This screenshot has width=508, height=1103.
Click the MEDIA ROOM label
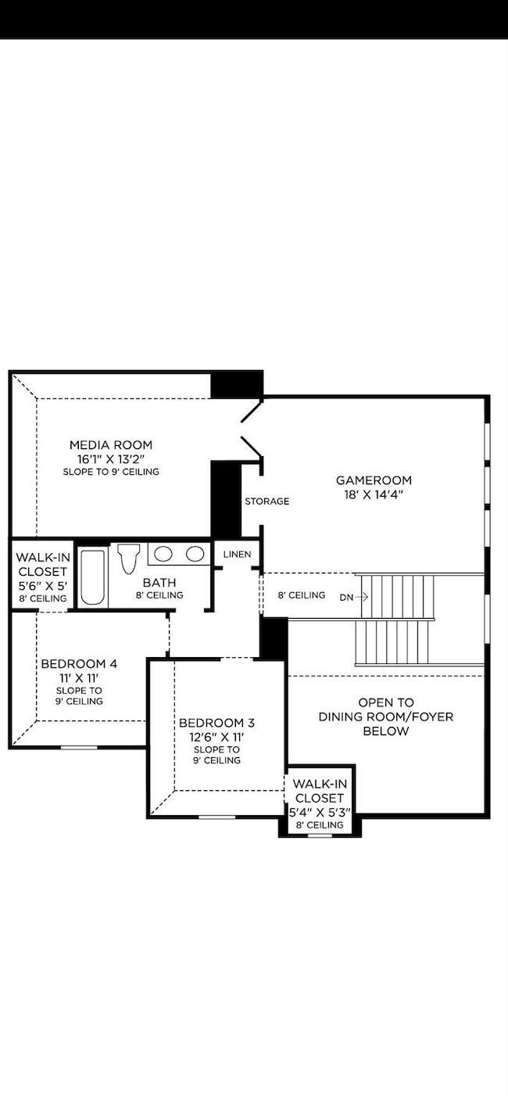tap(111, 445)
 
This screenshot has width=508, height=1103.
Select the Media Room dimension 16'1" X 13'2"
tap(111, 459)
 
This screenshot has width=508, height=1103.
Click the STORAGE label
tap(267, 501)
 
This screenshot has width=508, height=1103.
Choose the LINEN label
tap(237, 555)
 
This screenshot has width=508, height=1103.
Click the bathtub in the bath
tap(92, 577)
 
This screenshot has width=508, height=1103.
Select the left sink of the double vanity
tap(163, 555)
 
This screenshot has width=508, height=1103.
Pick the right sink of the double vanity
tap(193, 555)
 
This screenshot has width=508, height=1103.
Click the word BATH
tap(159, 583)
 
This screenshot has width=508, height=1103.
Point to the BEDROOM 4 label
tap(79, 664)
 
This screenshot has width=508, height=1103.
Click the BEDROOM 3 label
tap(216, 723)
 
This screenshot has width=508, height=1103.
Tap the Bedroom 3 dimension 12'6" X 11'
tap(216, 737)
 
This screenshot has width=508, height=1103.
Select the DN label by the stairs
tap(346, 596)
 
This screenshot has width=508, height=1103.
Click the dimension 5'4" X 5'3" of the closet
tap(319, 812)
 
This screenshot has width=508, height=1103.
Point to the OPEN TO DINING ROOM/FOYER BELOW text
tap(385, 717)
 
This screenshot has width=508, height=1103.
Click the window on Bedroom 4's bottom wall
tap(79, 747)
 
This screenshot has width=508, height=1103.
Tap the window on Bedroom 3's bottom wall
tap(216, 817)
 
